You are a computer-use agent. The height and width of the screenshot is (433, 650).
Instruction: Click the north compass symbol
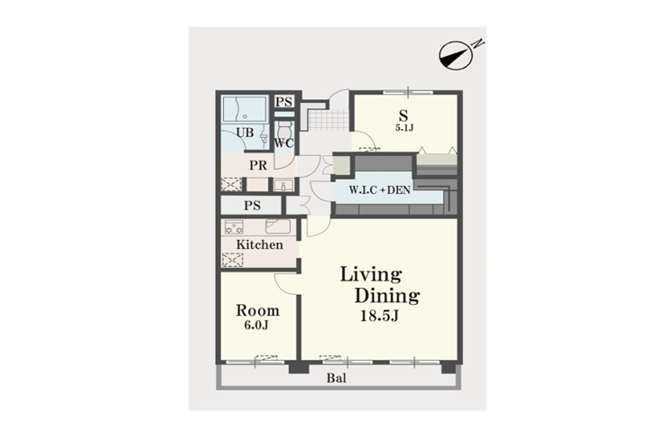[456, 55]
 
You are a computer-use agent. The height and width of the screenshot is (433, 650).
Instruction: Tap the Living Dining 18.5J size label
[379, 316]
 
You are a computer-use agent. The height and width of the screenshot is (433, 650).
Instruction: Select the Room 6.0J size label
[255, 326]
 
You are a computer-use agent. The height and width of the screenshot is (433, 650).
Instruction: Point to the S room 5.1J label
[404, 127]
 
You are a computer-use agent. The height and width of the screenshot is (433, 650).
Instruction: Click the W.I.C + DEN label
[380, 190]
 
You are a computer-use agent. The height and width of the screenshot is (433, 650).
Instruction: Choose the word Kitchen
[259, 244]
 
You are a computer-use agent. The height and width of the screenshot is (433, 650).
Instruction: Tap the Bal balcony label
[336, 378]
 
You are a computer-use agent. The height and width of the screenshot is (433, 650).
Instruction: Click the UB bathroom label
[245, 133]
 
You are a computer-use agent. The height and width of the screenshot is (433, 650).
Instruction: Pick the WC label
[284, 143]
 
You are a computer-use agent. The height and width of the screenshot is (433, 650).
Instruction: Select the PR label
[258, 166]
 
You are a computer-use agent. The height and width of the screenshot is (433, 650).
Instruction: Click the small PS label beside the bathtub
[284, 102]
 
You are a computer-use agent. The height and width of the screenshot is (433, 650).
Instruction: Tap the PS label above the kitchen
[252, 206]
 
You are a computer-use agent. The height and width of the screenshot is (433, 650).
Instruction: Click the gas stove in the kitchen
[234, 227]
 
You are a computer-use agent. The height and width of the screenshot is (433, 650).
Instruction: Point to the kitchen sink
[278, 226]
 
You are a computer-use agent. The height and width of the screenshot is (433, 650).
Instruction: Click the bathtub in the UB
[245, 109]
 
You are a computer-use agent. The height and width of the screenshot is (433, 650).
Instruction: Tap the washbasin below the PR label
[284, 185]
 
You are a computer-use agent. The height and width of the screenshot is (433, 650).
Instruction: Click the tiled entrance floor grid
[328, 120]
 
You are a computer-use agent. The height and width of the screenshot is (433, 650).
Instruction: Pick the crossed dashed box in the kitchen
[233, 260]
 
